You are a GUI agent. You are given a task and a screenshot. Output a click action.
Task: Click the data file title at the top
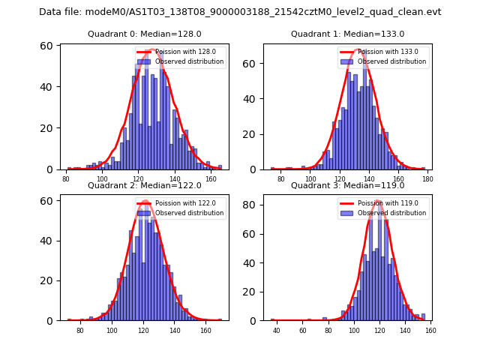pos(240,12)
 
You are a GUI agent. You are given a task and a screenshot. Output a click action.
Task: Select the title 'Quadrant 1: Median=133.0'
pos(347,34)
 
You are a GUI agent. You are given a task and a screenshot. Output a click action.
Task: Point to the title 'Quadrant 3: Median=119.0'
pos(347,185)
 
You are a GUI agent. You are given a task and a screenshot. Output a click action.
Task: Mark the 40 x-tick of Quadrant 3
pos(277,331)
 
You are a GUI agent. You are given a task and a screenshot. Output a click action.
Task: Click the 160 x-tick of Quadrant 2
pos(205,331)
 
